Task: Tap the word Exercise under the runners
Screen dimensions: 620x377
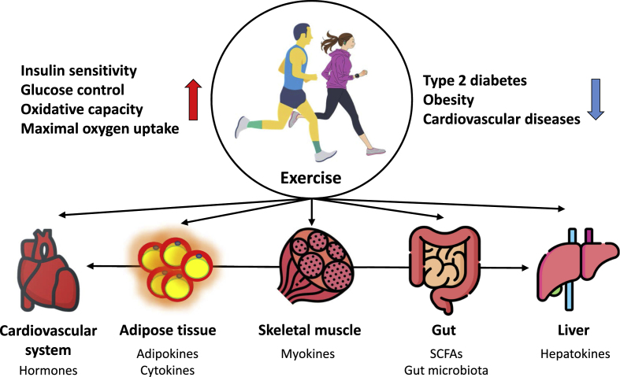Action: pos(311,179)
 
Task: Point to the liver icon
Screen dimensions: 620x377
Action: pos(562,268)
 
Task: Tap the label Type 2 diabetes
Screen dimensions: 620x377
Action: pos(475,81)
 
